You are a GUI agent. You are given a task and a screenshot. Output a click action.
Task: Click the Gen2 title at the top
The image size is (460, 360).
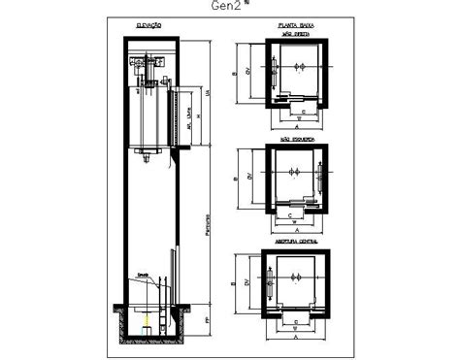[227, 7]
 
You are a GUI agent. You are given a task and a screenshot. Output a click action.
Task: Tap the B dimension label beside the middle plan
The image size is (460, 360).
[236, 180]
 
